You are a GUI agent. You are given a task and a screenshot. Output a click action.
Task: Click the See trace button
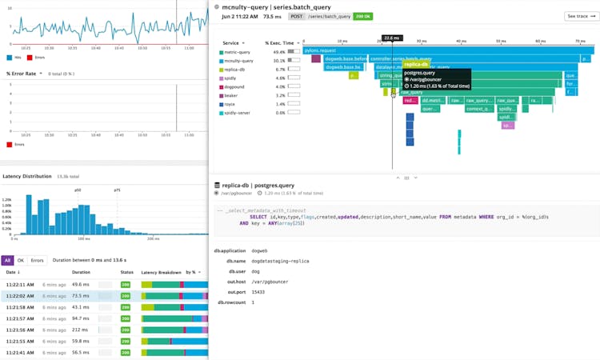click(581, 16)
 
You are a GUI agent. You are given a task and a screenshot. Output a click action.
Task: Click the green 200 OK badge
click(362, 15)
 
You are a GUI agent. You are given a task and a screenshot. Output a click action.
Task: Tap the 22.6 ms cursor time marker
click(391, 38)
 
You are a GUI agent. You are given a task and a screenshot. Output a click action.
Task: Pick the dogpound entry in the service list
click(234, 86)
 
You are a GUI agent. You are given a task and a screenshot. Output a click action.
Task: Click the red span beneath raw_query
click(410, 101)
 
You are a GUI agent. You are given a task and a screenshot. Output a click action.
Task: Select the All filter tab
click(7, 260)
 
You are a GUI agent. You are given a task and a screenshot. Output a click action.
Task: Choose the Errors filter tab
click(37, 260)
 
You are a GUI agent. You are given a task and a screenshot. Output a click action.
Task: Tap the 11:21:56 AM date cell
click(20, 330)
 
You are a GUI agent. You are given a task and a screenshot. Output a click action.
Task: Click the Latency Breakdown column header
click(161, 273)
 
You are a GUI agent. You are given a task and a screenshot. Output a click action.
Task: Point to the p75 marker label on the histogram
click(117, 190)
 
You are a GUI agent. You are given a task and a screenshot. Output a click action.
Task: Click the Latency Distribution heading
click(26, 176)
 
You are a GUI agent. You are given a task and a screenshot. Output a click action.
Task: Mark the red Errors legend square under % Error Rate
click(10, 145)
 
